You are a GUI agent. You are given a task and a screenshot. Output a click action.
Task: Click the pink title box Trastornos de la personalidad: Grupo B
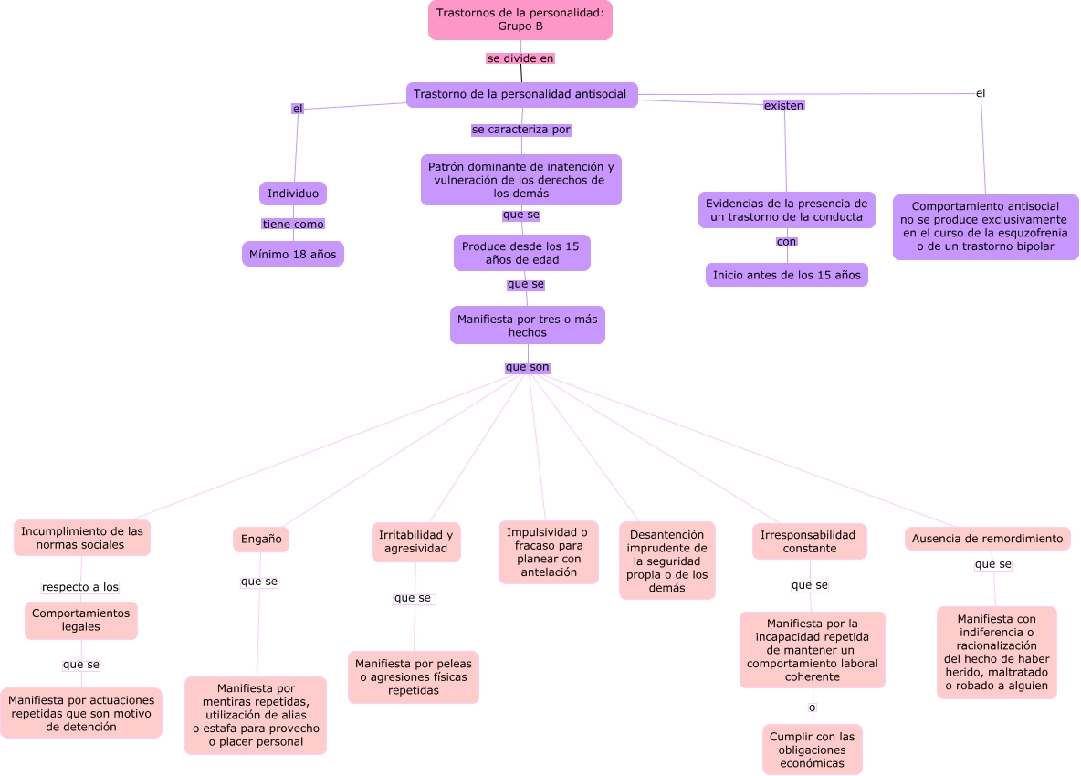click(x=520, y=20)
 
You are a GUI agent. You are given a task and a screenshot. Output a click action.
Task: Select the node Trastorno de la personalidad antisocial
click(x=521, y=94)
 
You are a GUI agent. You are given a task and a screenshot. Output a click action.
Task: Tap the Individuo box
click(x=293, y=194)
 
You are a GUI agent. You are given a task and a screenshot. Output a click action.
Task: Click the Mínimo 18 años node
click(x=293, y=255)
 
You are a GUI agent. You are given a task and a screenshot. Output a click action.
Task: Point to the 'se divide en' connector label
click(x=520, y=58)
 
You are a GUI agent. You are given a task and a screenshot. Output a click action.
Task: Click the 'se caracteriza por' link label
click(x=521, y=130)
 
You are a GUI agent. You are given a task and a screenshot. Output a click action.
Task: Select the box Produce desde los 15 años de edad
click(x=522, y=253)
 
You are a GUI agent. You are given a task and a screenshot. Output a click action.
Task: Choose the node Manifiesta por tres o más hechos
click(x=528, y=325)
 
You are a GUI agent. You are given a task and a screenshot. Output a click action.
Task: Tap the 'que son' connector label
click(x=528, y=367)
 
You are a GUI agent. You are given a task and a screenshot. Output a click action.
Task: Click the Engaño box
click(x=260, y=539)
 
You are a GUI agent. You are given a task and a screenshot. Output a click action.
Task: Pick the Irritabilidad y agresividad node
click(x=415, y=541)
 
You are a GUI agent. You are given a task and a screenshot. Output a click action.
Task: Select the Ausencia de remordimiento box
click(x=987, y=539)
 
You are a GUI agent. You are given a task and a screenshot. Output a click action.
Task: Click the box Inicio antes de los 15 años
click(x=787, y=275)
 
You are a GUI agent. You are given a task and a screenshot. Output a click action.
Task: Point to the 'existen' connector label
click(x=784, y=105)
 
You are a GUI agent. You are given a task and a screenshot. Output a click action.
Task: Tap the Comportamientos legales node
click(x=80, y=620)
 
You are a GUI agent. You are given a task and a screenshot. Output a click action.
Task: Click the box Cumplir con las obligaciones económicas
click(x=813, y=750)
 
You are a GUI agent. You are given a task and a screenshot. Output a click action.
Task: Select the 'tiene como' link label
click(x=293, y=224)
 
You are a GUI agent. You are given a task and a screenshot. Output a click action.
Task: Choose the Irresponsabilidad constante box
click(x=809, y=541)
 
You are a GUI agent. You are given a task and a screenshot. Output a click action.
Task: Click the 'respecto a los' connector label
click(x=80, y=587)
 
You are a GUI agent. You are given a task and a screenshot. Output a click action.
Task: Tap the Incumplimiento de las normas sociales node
click(x=82, y=539)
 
